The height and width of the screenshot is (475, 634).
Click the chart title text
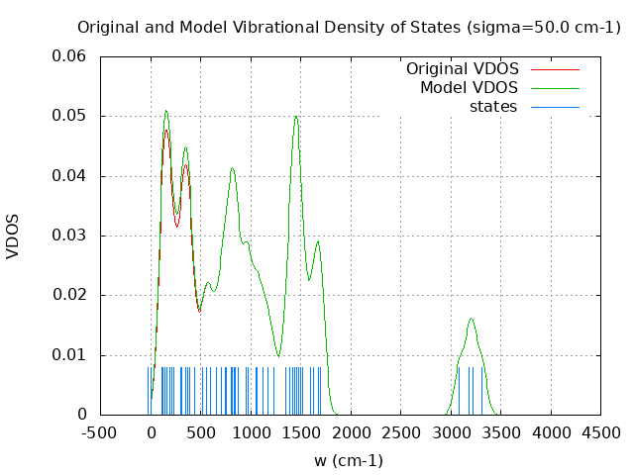point(348,27)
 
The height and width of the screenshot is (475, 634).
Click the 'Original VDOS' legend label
point(462,69)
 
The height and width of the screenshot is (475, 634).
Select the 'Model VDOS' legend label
point(469,88)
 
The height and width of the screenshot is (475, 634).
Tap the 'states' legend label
point(493,107)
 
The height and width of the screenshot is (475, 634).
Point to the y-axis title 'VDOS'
point(13,237)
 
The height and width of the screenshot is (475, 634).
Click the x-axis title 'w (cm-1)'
point(348,460)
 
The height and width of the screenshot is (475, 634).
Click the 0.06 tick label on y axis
point(69,56)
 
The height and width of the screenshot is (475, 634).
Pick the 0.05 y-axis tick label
point(69,116)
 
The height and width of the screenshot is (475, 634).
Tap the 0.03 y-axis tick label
point(69,236)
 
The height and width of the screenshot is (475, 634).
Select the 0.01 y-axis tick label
point(69,355)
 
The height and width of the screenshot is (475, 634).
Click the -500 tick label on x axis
point(100,432)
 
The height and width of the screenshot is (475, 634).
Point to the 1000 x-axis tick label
point(252,432)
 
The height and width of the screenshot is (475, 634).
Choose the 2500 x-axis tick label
point(401,432)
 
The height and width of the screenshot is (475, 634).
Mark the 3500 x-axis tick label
point(502,432)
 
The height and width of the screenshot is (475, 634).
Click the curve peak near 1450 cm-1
point(295,117)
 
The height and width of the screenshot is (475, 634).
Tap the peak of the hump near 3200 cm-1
point(472,319)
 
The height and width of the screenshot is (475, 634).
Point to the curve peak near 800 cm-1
point(232,168)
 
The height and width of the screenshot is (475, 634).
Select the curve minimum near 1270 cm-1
point(278,355)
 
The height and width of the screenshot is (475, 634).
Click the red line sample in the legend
point(555,69)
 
